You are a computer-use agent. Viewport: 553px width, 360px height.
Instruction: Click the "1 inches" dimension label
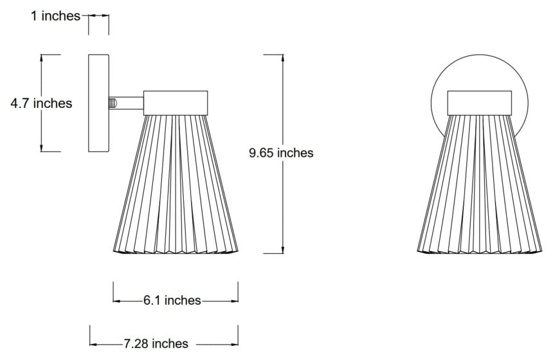pyautogui.click(x=55, y=15)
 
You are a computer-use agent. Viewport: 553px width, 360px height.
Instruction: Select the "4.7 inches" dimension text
pyautogui.click(x=41, y=103)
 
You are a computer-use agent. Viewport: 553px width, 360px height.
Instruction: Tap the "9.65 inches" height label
pyautogui.click(x=282, y=153)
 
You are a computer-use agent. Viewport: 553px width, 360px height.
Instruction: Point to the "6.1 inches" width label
pyautogui.click(x=172, y=300)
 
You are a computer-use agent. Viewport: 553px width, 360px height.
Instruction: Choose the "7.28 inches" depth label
pyautogui.click(x=156, y=344)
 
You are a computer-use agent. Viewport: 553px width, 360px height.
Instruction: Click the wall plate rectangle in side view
pyautogui.click(x=98, y=103)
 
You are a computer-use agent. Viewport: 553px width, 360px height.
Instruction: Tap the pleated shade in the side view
pyautogui.click(x=176, y=186)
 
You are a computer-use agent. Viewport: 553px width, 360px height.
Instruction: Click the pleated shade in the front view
pyautogui.click(x=480, y=186)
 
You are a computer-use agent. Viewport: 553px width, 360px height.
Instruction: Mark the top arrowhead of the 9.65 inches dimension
pyautogui.click(x=282, y=58)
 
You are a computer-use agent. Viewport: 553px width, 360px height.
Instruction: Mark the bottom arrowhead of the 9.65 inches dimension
pyautogui.click(x=282, y=249)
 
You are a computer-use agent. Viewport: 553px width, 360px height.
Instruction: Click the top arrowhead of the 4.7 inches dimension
pyautogui.click(x=42, y=58)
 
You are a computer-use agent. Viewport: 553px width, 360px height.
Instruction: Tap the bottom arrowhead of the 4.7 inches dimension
pyautogui.click(x=42, y=148)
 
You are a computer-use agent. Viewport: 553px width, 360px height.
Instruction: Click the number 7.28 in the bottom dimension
pyautogui.click(x=136, y=344)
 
